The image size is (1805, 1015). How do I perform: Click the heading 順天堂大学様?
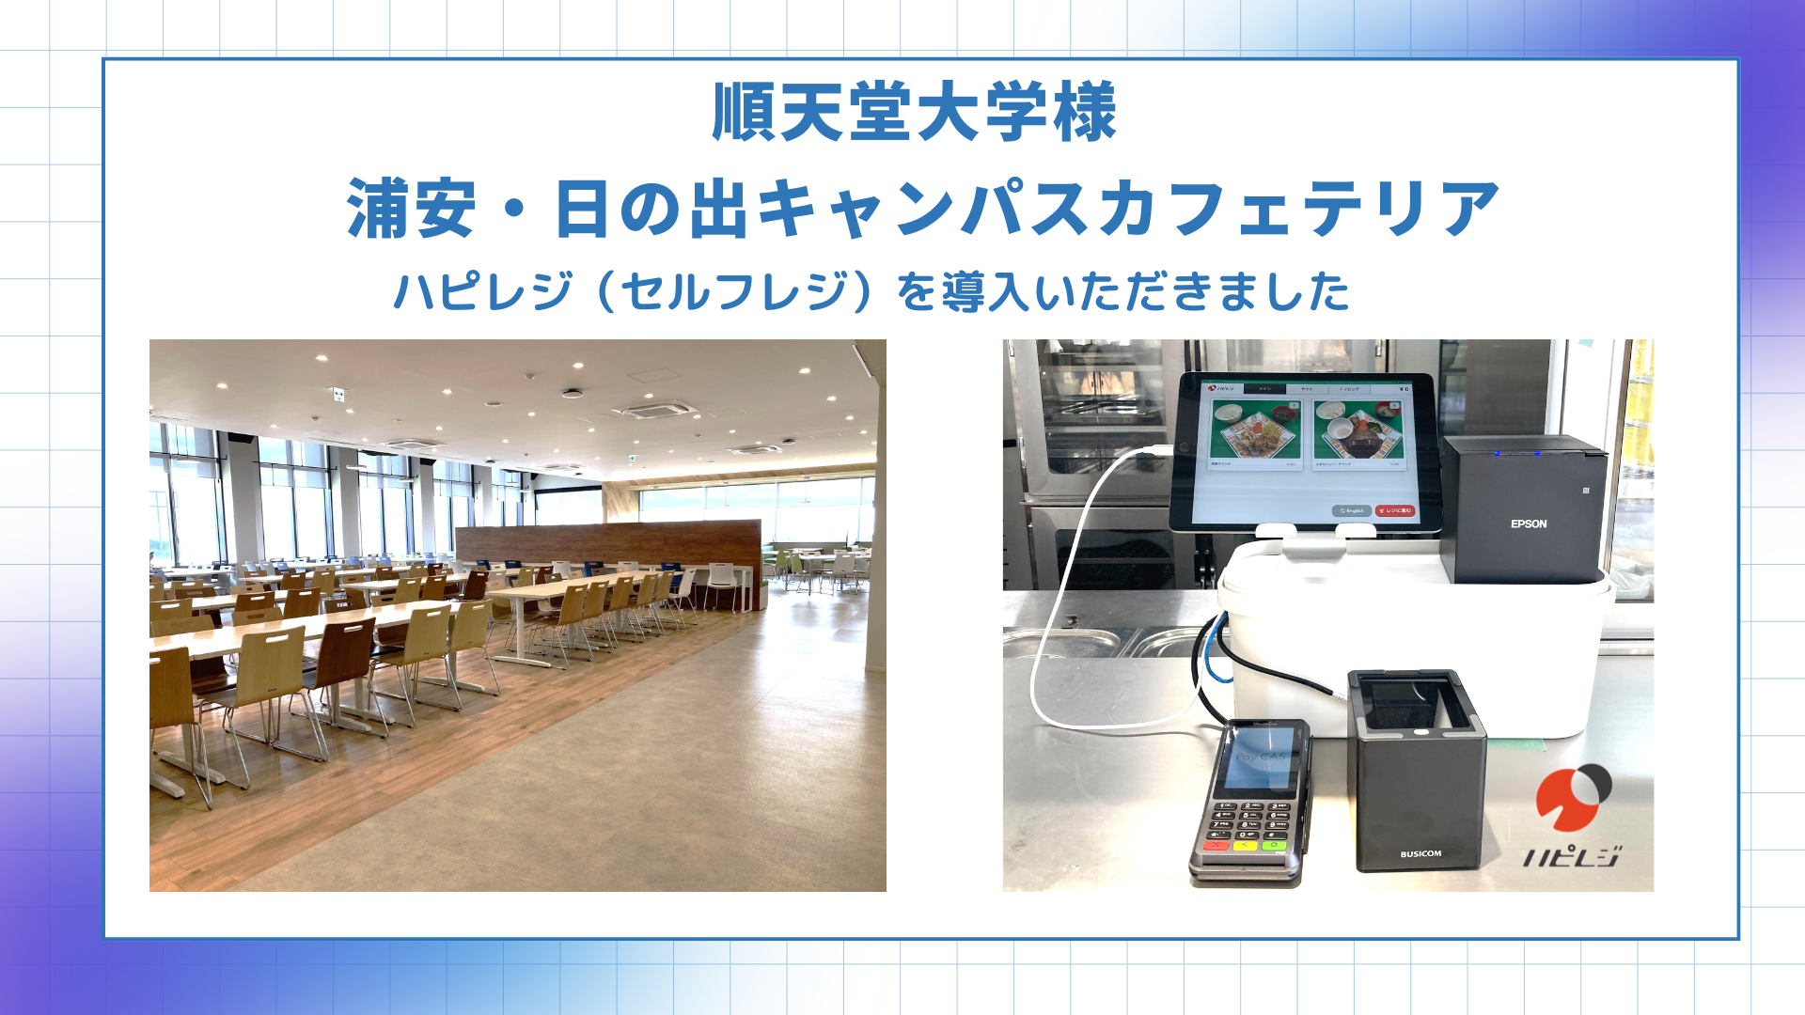click(914, 113)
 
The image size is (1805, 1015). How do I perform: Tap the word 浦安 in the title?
click(411, 209)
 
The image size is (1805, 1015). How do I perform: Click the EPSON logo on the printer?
click(1528, 524)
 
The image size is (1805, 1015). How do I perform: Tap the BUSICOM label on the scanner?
click(1420, 853)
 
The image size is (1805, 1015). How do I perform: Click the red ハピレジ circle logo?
click(1573, 798)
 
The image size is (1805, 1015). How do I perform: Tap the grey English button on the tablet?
click(1351, 510)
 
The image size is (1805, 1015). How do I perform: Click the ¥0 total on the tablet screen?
click(1405, 388)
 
